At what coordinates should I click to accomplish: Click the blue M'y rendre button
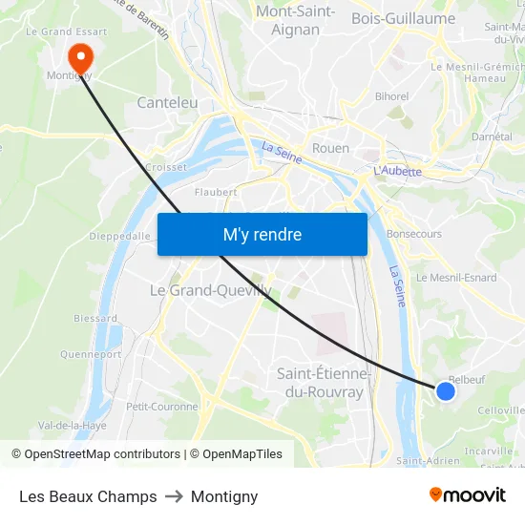click(x=262, y=234)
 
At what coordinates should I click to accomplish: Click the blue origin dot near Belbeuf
click(x=445, y=390)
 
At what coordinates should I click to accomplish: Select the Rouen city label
click(x=330, y=148)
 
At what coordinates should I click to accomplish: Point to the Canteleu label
click(x=167, y=102)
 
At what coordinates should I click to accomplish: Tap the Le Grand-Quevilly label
click(x=211, y=290)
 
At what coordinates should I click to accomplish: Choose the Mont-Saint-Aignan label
click(x=295, y=20)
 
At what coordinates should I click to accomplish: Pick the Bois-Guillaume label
click(x=403, y=18)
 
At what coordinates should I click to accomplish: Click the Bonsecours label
click(x=414, y=233)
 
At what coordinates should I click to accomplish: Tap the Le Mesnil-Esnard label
click(x=456, y=278)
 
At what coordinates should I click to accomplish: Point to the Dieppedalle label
click(x=120, y=236)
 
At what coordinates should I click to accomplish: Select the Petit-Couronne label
click(x=162, y=406)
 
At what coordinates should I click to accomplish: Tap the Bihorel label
click(x=391, y=96)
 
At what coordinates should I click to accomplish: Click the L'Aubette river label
click(x=398, y=171)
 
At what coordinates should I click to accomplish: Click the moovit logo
click(x=467, y=495)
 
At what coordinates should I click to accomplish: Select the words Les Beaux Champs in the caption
click(x=88, y=496)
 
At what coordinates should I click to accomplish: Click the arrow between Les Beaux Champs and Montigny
click(x=174, y=496)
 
